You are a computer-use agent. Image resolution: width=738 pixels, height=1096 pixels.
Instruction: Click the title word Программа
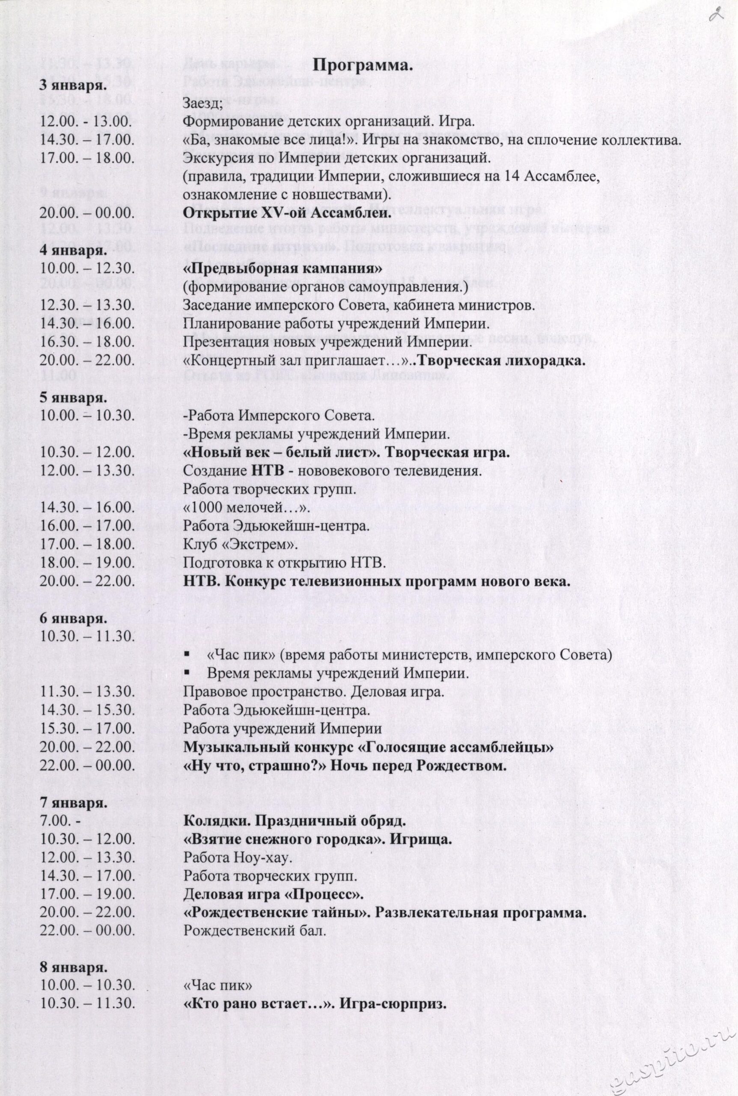click(363, 66)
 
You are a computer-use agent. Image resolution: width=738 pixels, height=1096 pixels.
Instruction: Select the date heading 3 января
click(73, 86)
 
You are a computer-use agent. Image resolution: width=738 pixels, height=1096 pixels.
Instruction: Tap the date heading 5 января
click(73, 398)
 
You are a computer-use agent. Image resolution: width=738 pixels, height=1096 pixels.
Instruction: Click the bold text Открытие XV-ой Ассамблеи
click(287, 213)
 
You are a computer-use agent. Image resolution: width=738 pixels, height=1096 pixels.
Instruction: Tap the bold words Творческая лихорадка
click(501, 361)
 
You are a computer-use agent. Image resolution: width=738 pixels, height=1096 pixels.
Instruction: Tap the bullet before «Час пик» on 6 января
click(187, 655)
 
